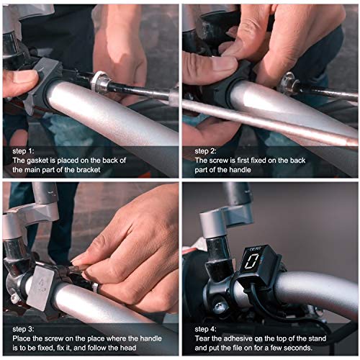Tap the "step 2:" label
205,150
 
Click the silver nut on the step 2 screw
290,86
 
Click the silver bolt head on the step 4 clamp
219,305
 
